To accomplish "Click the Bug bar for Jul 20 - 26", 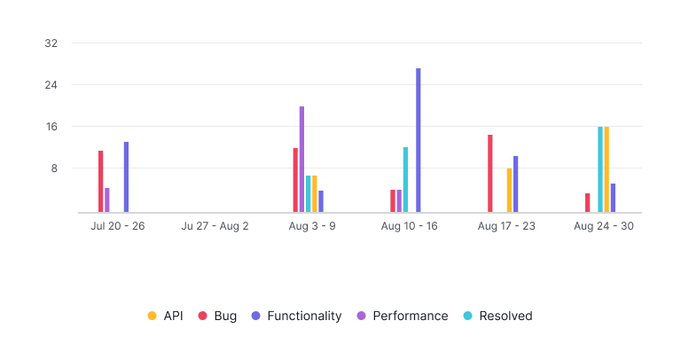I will coord(101,182).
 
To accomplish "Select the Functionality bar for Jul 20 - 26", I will coord(126,177).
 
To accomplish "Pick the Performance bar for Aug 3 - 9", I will coord(301,160).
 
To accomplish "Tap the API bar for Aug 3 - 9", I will coord(315,194).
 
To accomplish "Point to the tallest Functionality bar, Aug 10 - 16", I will coord(419,140).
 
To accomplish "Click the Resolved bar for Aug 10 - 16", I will coord(405,180).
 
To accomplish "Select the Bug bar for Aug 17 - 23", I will coord(490,174).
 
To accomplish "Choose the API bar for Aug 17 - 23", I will coord(509,191).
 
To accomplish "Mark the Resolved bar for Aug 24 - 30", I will coord(600,169).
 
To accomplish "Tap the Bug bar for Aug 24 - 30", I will coord(588,203).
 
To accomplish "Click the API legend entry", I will coord(166,316).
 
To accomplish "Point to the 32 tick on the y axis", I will coord(51,43).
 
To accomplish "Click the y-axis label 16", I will coord(51,127).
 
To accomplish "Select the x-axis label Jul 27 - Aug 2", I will coord(215,226).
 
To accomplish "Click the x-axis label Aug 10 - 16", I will coord(409,226).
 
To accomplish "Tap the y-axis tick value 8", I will coord(54,168).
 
